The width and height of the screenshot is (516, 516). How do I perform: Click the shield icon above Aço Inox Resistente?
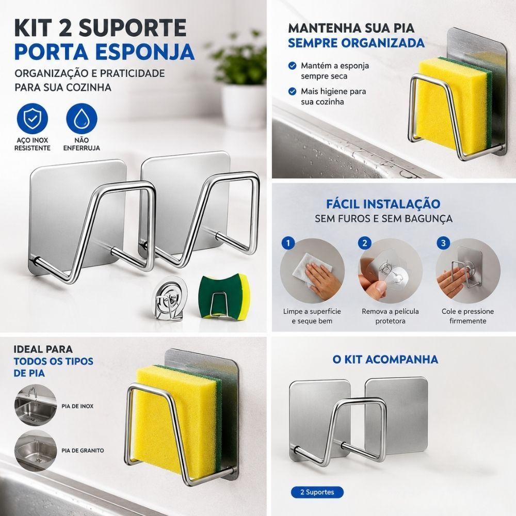(x=32, y=119)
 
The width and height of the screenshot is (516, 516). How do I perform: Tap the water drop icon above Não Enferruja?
(x=82, y=119)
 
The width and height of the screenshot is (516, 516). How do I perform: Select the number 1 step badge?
(x=288, y=243)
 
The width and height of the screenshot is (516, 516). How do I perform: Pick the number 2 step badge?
(x=365, y=243)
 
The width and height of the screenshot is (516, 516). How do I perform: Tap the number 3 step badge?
(x=443, y=243)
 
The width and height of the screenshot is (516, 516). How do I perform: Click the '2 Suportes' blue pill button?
(x=317, y=492)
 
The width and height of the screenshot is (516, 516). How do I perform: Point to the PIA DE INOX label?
(x=77, y=406)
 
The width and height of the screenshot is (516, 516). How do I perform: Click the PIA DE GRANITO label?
(x=83, y=450)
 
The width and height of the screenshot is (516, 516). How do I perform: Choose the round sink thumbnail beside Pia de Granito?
(x=36, y=450)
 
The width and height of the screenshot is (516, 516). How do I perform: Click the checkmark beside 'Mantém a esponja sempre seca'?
(x=292, y=66)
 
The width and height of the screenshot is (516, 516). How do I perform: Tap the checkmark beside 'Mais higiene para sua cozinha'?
(x=292, y=91)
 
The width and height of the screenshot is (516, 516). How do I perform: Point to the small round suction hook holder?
(x=169, y=298)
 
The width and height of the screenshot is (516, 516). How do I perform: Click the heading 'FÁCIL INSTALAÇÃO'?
(x=383, y=204)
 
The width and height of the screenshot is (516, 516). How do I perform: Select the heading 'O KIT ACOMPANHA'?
(x=385, y=359)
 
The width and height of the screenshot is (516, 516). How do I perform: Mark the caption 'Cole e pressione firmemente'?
(x=467, y=316)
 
